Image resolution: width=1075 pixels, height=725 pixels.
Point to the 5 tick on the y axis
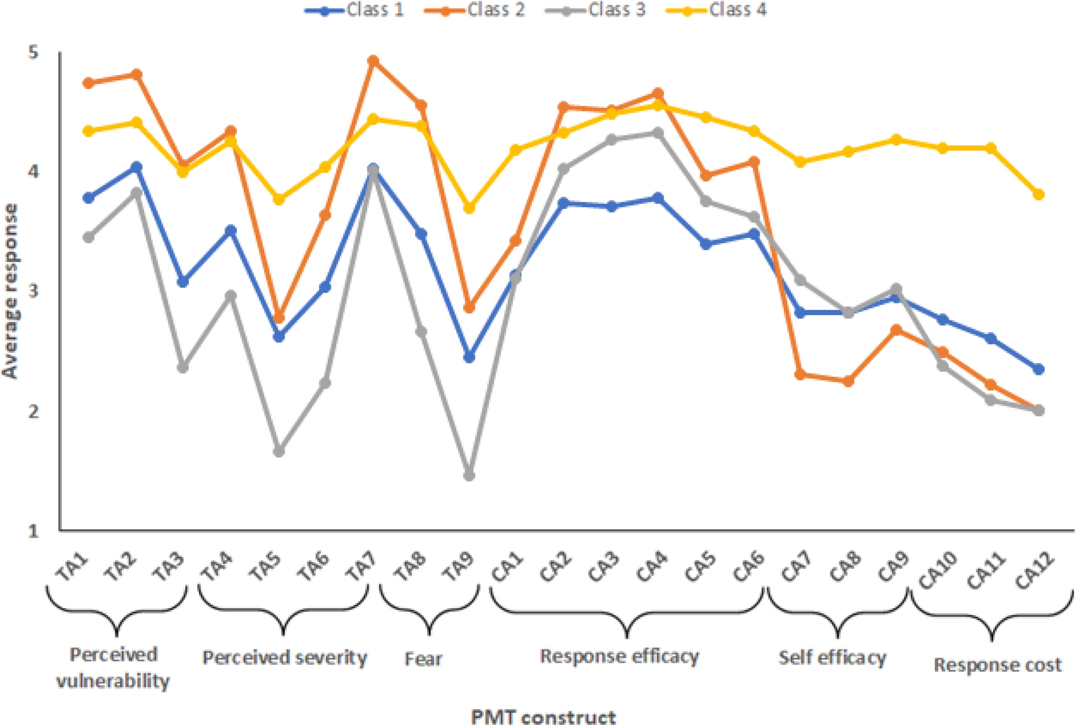pos(33,53)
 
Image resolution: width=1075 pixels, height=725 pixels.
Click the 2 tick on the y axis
pos(33,411)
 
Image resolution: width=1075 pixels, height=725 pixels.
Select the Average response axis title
pos(10,291)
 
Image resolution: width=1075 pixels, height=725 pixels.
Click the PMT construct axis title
pos(543,716)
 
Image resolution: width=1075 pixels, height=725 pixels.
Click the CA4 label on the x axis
pos(651,567)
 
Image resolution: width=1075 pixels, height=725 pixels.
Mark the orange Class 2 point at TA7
pos(373,61)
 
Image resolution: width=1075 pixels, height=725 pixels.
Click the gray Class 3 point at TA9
pos(469,476)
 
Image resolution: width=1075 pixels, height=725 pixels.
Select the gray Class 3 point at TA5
pos(278,451)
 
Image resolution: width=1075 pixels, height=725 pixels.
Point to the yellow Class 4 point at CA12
pos(1039,194)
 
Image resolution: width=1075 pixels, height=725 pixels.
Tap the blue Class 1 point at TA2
pos(136,167)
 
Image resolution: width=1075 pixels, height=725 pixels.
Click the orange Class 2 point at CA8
pos(848,381)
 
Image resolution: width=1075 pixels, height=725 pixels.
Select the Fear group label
pos(423,659)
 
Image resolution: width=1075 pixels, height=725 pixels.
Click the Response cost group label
pos(997,665)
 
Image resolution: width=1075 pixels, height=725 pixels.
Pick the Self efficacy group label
pos(833,658)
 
